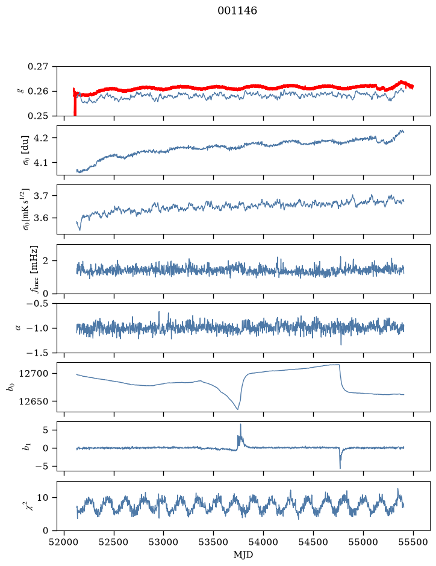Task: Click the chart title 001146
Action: coord(237,11)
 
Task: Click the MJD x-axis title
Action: coord(243,555)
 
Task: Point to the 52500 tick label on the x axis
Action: coord(114,542)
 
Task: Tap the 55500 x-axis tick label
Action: coord(413,542)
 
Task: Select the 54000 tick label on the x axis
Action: coord(264,542)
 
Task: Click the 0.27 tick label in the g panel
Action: coord(37,67)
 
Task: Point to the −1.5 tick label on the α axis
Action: coord(37,353)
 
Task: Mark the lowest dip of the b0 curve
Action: coord(237,409)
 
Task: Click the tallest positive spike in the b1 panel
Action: coord(240,424)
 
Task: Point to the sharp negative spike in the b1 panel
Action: coord(340,468)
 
